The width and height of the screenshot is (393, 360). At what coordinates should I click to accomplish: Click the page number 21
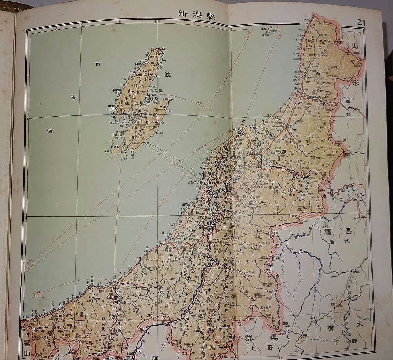coord(362,21)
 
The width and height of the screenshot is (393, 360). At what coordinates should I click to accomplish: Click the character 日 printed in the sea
coord(98,64)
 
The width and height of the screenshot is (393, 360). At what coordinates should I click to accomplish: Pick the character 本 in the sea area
coord(75,98)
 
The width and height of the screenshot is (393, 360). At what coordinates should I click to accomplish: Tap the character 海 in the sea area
coord(49,131)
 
